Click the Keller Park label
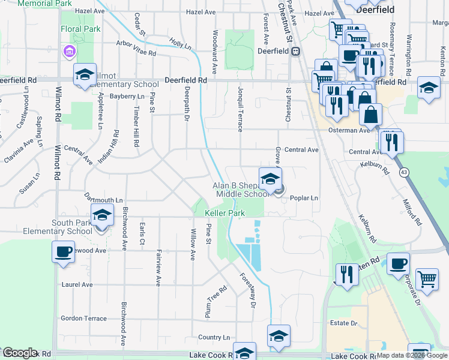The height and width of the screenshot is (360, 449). click(226, 214)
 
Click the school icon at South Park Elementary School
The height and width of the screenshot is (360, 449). click(102, 214)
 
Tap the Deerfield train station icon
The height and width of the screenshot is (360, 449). click(295, 52)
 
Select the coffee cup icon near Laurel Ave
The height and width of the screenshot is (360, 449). click(63, 252)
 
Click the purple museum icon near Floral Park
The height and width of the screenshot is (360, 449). click(69, 52)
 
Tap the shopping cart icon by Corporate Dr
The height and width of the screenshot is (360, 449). click(426, 278)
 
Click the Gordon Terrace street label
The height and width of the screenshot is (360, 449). click(83, 319)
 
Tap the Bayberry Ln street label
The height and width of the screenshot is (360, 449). click(127, 96)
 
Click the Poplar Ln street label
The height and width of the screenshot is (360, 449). click(304, 197)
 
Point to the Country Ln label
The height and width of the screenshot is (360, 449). click(214, 337)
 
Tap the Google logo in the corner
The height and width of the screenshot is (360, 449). click(20, 353)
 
